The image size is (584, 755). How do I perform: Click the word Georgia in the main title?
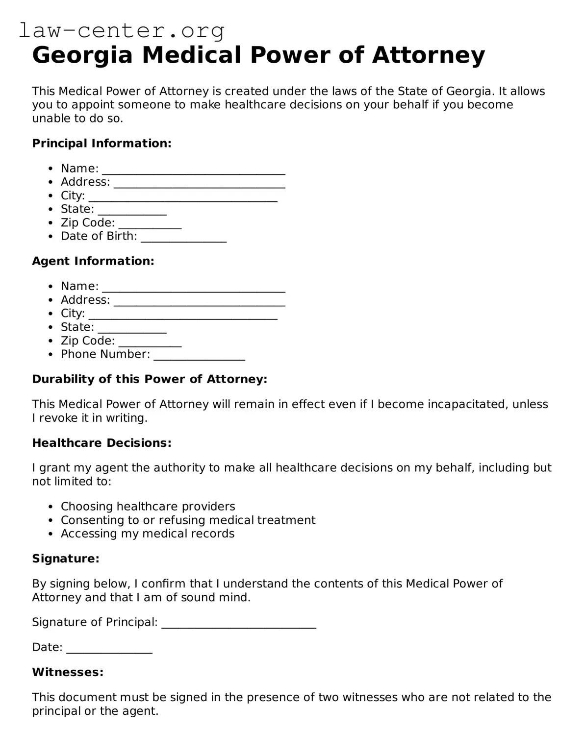[82, 55]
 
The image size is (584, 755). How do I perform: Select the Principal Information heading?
[102, 143]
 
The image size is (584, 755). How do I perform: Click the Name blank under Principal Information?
[193, 170]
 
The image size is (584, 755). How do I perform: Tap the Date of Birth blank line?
[183, 237]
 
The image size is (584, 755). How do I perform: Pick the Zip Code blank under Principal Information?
[150, 224]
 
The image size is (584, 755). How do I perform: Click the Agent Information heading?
[93, 261]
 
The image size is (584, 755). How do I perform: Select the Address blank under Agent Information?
[199, 301]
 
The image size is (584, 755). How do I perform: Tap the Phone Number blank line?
[199, 355]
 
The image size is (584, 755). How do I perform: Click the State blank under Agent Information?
[132, 328]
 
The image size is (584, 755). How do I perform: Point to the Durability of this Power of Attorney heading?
[150, 379]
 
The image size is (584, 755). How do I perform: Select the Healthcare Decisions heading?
[102, 443]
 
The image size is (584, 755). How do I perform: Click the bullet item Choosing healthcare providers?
[148, 506]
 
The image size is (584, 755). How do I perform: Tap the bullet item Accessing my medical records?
[147, 534]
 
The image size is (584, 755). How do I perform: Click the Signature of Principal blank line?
[238, 623]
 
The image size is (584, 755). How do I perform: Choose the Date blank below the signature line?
[109, 648]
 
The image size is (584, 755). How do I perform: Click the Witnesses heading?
[68, 672]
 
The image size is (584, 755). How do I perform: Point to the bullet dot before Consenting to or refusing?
[51, 520]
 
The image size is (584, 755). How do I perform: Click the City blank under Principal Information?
[183, 197]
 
